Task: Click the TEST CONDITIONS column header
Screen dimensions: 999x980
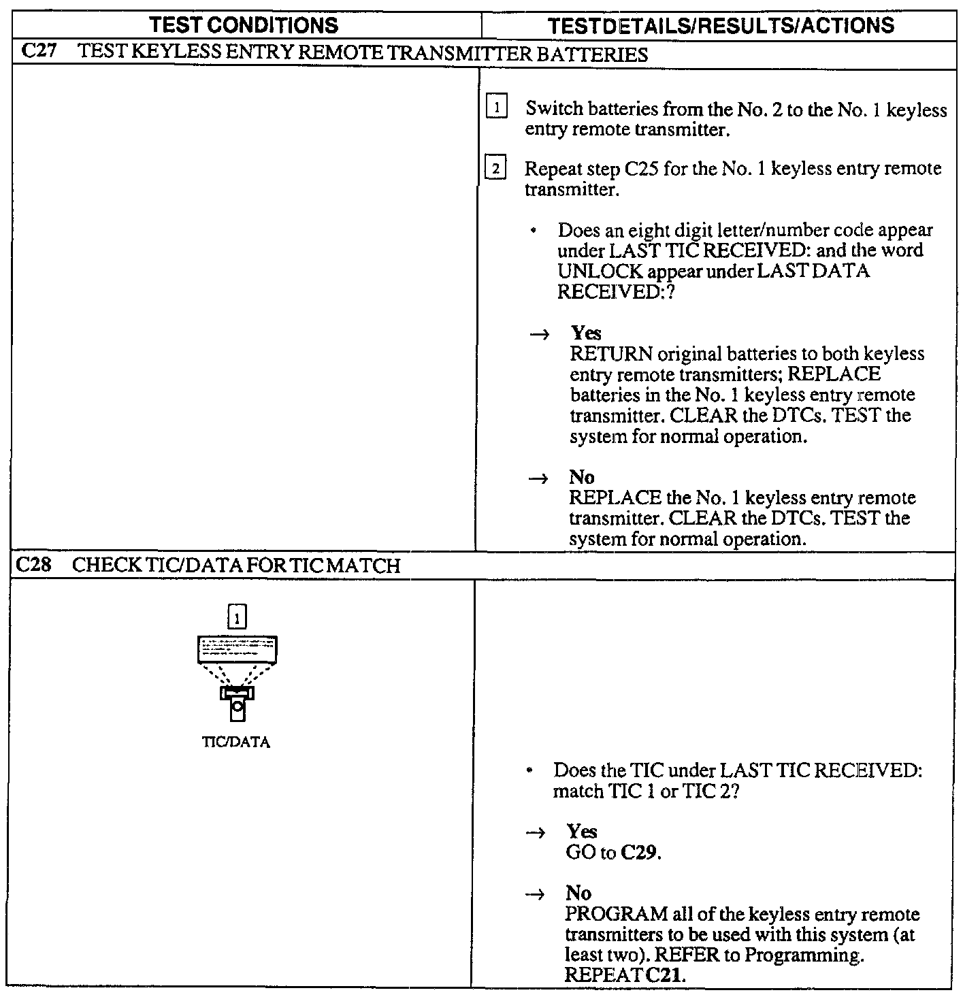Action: pos(244,26)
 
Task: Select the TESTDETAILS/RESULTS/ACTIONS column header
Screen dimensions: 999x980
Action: pos(721,26)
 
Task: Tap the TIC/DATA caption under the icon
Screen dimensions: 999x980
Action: pos(236,742)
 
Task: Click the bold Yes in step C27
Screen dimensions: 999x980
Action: pos(586,333)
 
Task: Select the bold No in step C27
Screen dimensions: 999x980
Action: pos(582,476)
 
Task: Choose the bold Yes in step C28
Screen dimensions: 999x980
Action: pos(581,831)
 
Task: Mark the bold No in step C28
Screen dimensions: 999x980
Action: pos(578,893)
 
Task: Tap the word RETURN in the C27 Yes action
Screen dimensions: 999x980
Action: pos(611,354)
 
